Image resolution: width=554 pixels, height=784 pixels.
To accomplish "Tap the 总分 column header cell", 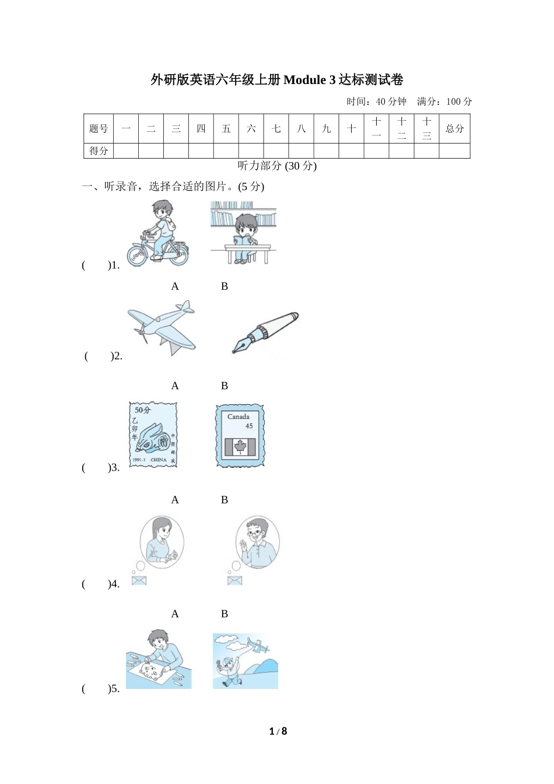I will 454,128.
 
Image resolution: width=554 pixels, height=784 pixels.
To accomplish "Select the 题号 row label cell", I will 99,128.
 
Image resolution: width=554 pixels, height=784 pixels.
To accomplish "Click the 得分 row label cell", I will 99,151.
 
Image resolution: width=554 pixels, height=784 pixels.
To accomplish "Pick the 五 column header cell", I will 226,128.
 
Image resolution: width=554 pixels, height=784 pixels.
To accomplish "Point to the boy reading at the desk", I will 245,233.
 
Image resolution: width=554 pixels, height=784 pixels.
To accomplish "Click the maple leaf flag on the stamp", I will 240,447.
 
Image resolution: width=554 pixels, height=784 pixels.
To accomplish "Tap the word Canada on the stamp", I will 238,416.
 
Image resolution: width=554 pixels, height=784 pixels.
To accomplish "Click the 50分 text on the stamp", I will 142,410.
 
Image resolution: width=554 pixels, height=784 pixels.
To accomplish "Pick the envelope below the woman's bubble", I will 139,580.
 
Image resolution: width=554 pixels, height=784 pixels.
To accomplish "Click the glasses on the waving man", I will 254,532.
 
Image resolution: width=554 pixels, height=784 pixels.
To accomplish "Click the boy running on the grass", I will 230,671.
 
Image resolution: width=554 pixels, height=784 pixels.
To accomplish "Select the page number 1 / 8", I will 278,731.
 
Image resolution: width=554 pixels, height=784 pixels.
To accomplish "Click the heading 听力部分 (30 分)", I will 277,166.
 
